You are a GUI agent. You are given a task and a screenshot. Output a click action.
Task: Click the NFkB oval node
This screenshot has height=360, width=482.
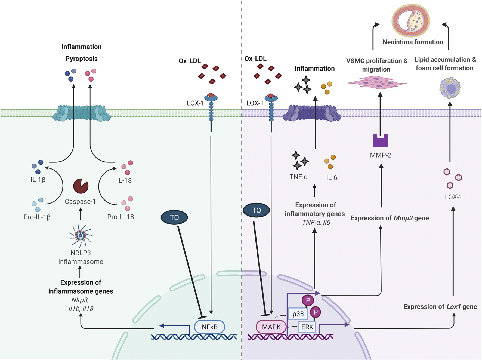pos(209,327)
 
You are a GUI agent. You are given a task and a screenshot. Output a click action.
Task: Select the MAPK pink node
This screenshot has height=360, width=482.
pos(271,327)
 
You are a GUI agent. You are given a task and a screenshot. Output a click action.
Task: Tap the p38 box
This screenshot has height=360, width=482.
pos(298,314)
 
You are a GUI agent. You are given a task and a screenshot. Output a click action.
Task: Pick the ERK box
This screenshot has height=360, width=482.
pos(307,327)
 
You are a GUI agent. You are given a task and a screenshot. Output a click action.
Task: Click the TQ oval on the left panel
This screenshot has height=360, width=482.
pos(174,217)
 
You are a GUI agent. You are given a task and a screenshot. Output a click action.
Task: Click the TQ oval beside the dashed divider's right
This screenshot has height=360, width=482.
pos(256,210)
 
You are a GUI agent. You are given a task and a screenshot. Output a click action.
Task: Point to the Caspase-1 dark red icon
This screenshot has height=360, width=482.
pos(81,186)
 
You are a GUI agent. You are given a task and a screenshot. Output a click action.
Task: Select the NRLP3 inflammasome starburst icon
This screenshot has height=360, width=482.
pos(80,236)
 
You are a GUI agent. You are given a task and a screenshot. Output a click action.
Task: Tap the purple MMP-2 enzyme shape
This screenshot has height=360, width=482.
pos(380,140)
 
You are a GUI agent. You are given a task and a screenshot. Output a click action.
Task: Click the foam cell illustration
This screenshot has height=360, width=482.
pos(450,88)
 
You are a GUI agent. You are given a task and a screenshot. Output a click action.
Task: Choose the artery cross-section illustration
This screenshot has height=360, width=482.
pos(410,21)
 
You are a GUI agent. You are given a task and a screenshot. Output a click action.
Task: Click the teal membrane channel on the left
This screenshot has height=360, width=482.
pos(82,113)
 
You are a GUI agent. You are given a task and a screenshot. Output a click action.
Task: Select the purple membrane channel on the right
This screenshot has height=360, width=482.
pos(312,113)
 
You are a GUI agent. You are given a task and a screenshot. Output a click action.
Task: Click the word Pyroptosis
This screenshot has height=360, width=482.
pos(81,59)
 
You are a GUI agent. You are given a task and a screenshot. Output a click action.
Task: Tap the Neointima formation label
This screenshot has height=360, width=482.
pos(413,42)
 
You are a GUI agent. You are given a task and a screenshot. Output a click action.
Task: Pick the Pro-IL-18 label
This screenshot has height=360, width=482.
pos(120,217)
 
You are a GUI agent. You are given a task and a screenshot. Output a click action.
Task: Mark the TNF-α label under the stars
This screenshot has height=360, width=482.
pos(298,177)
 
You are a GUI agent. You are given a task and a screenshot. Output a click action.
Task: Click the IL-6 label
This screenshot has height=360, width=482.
pos(332,178)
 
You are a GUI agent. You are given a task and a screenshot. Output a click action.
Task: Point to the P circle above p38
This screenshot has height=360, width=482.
pos(308,300)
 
